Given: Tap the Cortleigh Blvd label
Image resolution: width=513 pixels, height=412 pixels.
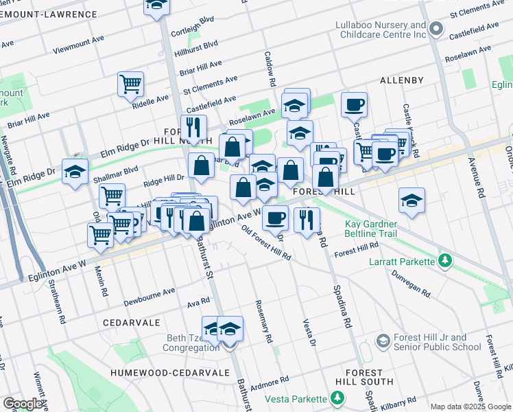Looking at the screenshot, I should [196, 31].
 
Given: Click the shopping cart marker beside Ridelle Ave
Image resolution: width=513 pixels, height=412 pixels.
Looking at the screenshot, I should [130, 85].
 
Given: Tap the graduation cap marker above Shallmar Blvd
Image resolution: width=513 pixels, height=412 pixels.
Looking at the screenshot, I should [75, 172].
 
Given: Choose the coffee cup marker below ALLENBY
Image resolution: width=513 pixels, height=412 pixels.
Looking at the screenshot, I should [354, 105].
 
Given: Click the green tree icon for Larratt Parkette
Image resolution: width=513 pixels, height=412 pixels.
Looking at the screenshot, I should [446, 261].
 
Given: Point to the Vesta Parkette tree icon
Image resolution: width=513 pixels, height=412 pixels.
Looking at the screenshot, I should [337, 398].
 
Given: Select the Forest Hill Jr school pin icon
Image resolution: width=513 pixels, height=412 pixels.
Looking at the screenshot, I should [383, 341].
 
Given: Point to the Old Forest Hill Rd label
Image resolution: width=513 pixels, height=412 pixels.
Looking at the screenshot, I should [267, 244].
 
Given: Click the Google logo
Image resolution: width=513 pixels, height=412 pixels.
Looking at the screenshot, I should [23, 404].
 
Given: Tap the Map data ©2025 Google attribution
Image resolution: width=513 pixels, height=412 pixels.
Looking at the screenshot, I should [470, 407].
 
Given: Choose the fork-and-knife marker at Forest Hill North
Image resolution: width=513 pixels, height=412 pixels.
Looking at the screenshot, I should [194, 127].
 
